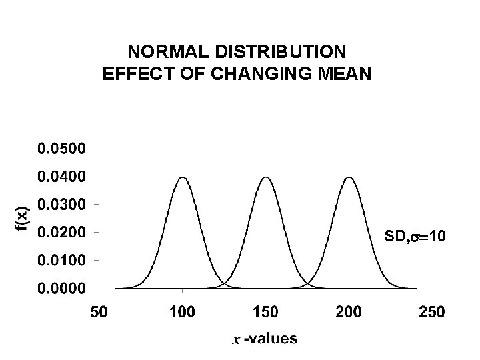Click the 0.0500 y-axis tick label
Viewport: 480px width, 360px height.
click(x=61, y=149)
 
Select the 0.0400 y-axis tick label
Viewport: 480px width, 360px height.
click(x=61, y=177)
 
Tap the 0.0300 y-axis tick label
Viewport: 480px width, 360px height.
click(x=61, y=205)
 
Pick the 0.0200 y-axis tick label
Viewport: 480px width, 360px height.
click(x=61, y=233)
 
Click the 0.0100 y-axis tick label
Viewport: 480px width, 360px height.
click(x=61, y=261)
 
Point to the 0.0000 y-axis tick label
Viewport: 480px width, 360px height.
click(x=61, y=289)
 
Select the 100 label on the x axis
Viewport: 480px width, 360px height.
click(x=182, y=311)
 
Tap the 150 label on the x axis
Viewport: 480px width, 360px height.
click(x=266, y=311)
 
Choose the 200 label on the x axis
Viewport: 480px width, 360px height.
click(x=349, y=311)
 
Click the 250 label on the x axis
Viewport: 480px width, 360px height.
click(x=433, y=311)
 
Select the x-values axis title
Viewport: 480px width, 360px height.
click(x=265, y=339)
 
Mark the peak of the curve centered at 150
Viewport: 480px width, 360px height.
click(x=266, y=177)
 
